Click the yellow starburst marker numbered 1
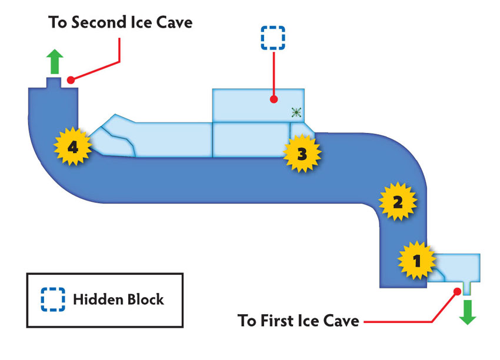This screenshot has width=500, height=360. click(416, 260)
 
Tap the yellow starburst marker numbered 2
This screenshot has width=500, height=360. click(398, 202)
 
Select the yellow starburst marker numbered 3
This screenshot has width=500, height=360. click(302, 154)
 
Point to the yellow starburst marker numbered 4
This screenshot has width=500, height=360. click(73, 146)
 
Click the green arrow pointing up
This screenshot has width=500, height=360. click(55, 62)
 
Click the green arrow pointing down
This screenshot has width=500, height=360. click(468, 312)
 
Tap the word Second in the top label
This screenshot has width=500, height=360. click(99, 22)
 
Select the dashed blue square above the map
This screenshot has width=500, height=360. click(273, 38)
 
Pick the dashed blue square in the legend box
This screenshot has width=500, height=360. click(53, 299)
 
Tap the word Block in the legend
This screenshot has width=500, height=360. click(146, 299)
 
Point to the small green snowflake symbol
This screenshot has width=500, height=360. click(296, 112)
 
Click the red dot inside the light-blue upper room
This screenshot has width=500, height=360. click(274, 99)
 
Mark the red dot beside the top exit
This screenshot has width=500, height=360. click(71, 80)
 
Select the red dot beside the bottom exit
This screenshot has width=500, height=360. click(457, 291)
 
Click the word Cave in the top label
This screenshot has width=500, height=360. click(175, 22)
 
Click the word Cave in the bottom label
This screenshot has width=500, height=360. click(341, 321)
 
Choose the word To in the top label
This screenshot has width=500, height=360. click(58, 22)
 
